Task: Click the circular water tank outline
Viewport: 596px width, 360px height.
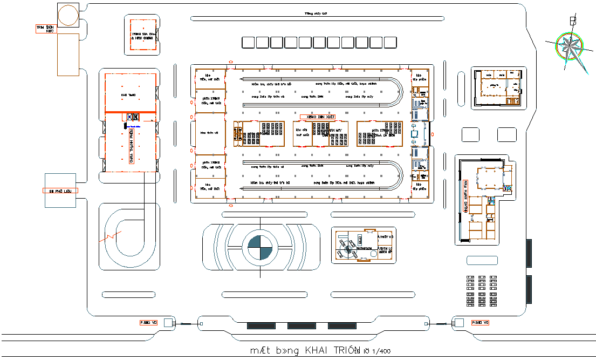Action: (x=68, y=15)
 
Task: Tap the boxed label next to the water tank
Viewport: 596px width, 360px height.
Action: (x=46, y=28)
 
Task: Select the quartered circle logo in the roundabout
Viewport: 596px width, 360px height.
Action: (x=261, y=248)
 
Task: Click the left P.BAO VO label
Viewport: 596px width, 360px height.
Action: (x=148, y=322)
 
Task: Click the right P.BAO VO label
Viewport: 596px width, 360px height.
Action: (x=479, y=322)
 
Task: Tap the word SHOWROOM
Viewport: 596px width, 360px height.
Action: (x=364, y=248)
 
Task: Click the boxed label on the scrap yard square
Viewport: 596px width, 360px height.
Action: (x=60, y=191)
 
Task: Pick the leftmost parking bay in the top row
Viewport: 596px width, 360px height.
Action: (x=249, y=43)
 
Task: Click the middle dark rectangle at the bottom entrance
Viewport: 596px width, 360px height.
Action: (x=302, y=326)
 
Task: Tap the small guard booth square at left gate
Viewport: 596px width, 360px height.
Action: (x=168, y=323)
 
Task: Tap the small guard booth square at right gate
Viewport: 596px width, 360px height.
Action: (x=459, y=323)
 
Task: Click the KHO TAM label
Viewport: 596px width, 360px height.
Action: (x=128, y=95)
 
